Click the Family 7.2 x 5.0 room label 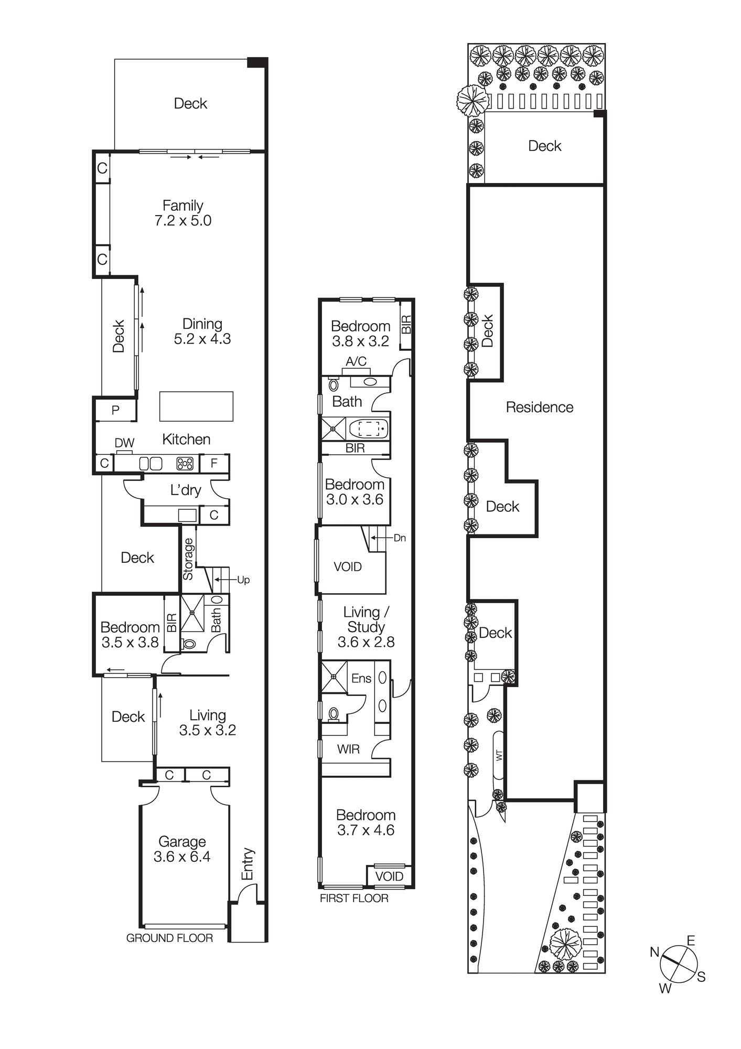tap(182, 213)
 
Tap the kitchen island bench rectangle tap(196, 406)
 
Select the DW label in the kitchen tap(124, 443)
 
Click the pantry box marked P tap(115, 410)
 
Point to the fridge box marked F tap(214, 463)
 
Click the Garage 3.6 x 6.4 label tap(182, 849)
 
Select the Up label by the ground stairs tap(243, 580)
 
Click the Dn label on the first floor tap(399, 538)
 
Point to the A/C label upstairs tap(356, 361)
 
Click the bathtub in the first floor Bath tap(368, 429)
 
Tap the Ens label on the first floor tap(361, 679)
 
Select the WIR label tap(348, 750)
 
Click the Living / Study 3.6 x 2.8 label tap(366, 627)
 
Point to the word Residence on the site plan tap(539, 408)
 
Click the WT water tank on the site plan tap(499, 756)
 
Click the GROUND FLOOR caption tap(169, 938)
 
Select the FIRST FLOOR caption tap(354, 898)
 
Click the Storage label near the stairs tap(188, 559)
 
